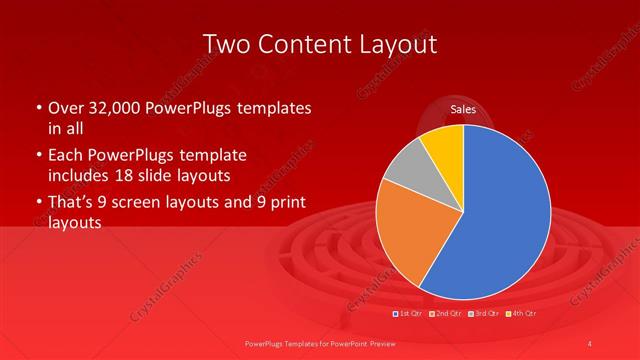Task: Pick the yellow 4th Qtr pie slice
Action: pyautogui.click(x=444, y=148)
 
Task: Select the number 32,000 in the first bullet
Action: pyautogui.click(x=112, y=107)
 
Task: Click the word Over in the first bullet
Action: pyautogui.click(x=64, y=107)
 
